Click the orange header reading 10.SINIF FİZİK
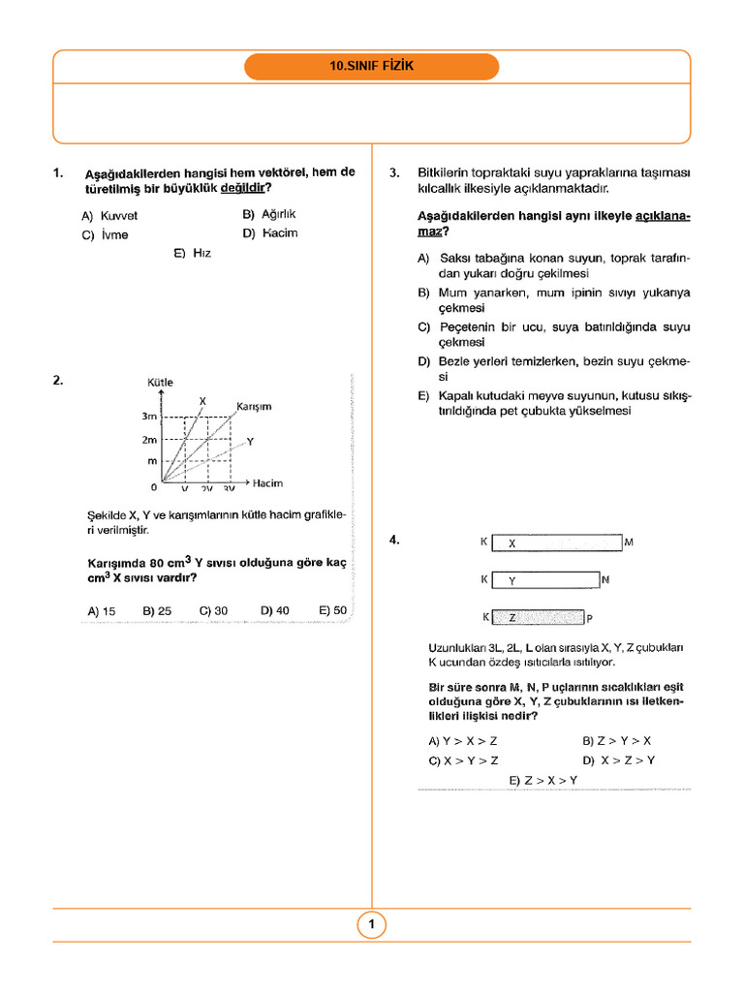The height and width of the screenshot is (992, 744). point(372,67)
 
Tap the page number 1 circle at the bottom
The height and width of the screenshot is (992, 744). point(371,925)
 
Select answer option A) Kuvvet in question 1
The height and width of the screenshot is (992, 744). point(109,216)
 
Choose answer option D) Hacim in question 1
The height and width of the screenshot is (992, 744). point(270,233)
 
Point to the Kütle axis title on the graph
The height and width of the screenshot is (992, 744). point(160,383)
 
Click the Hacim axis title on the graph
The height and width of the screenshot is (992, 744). point(267,482)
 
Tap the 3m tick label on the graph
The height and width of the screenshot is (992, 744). point(149,417)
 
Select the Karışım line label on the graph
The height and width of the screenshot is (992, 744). point(254,407)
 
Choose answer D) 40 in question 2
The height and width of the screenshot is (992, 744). point(274,611)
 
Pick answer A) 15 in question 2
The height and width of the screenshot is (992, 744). point(101,611)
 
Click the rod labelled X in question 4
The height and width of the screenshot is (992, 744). point(556,542)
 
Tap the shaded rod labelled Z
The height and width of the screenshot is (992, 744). point(540,617)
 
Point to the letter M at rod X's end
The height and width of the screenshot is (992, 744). point(629,542)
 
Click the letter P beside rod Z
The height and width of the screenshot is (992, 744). point(589,618)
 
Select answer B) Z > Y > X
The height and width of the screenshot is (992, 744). point(616,741)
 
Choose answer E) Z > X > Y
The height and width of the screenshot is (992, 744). point(542,780)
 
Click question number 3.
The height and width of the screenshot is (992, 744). point(394,173)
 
